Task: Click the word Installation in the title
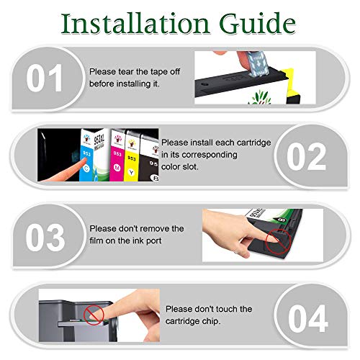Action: [135, 24]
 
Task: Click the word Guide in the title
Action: [258, 24]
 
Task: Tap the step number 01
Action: [45, 78]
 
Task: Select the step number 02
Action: [307, 156]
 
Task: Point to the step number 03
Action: [45, 237]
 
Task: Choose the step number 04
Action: [308, 318]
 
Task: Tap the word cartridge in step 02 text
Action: [254, 143]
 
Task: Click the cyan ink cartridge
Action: [86, 156]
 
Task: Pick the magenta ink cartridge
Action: [117, 156]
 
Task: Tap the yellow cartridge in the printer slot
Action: [131, 158]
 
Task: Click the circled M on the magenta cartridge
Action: [117, 168]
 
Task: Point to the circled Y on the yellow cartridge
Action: [131, 172]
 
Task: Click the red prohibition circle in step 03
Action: [279, 241]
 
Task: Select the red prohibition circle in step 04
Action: [94, 315]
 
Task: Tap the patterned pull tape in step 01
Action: [257, 63]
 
